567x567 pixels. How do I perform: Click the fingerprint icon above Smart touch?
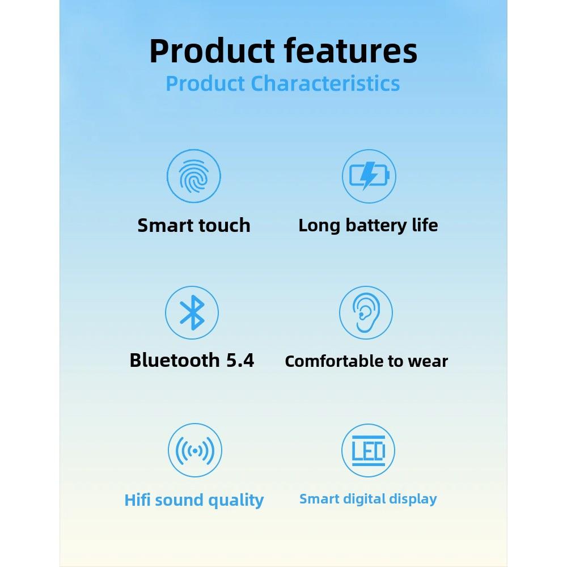coord(193,177)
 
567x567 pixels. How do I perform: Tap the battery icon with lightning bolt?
coord(369,176)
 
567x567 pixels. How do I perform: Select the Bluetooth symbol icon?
coord(192,312)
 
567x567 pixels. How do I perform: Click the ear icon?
coord(366,313)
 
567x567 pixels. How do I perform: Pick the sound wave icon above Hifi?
coord(194,451)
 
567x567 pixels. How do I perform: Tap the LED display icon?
coord(368,451)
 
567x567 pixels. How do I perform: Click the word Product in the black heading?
coord(213,51)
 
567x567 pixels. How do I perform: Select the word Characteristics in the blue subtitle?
coord(325,83)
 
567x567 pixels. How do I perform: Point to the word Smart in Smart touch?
coord(163,226)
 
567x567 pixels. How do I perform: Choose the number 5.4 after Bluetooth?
coord(240,360)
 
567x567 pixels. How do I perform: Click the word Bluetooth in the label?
coord(175,360)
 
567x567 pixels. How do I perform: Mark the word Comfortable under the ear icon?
coord(333,361)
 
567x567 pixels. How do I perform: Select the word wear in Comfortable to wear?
coord(429,361)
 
